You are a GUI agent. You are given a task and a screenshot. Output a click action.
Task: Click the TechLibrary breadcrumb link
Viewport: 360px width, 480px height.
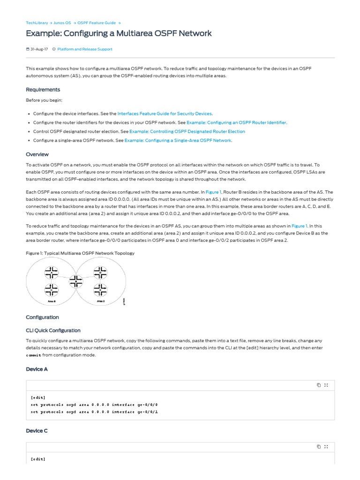[37, 22]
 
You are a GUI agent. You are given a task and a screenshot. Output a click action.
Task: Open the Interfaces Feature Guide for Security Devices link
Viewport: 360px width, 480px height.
[165, 113]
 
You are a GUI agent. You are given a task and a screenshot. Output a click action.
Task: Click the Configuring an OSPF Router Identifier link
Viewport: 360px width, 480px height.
[236, 122]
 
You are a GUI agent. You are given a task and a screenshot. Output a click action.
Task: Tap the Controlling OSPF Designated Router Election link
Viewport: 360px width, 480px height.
[187, 131]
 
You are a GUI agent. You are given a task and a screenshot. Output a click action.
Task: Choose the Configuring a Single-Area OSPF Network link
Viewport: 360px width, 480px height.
[178, 140]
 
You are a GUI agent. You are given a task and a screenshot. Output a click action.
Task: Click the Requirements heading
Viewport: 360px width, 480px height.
[43, 90]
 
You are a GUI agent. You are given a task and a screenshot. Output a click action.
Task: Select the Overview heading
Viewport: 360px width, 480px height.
[37, 154]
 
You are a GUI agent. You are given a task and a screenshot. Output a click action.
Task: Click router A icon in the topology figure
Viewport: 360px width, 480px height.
[51, 272]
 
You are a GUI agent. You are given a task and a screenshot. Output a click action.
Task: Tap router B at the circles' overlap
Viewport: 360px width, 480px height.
[75, 281]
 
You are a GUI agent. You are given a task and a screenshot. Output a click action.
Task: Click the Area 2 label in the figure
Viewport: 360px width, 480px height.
[101, 301]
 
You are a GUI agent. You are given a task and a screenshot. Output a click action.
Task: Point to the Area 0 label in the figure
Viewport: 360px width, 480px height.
[51, 301]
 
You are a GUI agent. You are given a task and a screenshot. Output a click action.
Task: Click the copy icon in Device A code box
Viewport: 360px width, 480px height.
[319, 385]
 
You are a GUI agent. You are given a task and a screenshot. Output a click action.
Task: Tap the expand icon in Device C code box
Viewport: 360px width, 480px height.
[326, 446]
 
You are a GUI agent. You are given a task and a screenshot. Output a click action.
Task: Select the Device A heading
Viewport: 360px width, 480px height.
[37, 369]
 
